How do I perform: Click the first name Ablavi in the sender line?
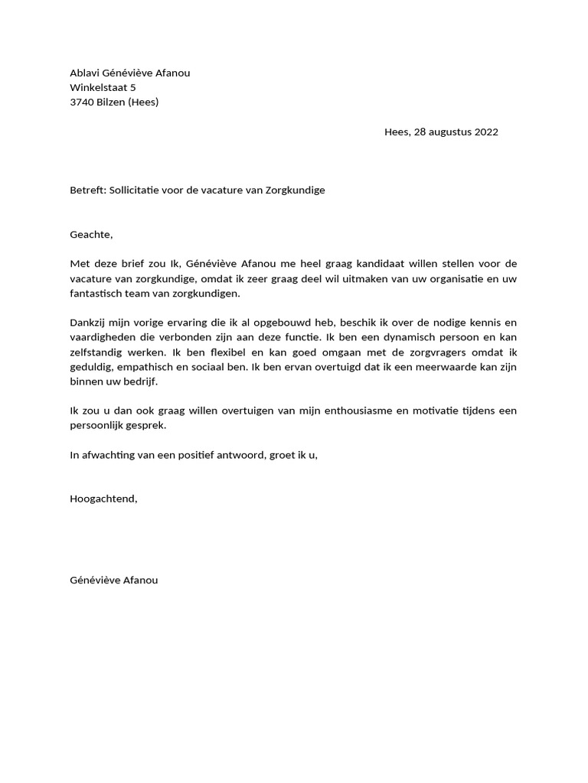click(x=84, y=73)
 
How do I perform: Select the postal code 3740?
click(x=82, y=102)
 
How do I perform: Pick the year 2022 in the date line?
click(x=486, y=132)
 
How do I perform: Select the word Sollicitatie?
click(x=138, y=190)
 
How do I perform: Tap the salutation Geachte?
click(x=91, y=234)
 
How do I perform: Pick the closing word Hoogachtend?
click(x=103, y=499)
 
